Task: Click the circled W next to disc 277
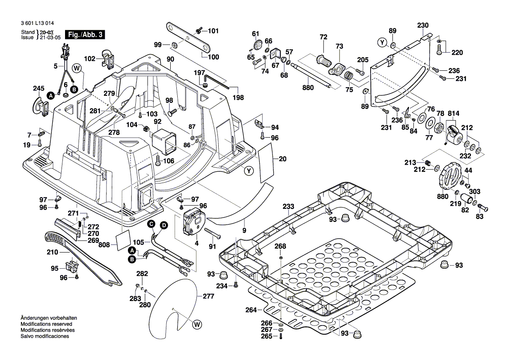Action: point(197,324)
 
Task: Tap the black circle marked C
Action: point(151,224)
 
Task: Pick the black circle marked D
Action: point(164,225)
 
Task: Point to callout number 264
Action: point(251,310)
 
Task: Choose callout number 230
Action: point(423,25)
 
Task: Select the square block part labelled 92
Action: point(164,141)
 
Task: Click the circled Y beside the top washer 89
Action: point(382,42)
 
